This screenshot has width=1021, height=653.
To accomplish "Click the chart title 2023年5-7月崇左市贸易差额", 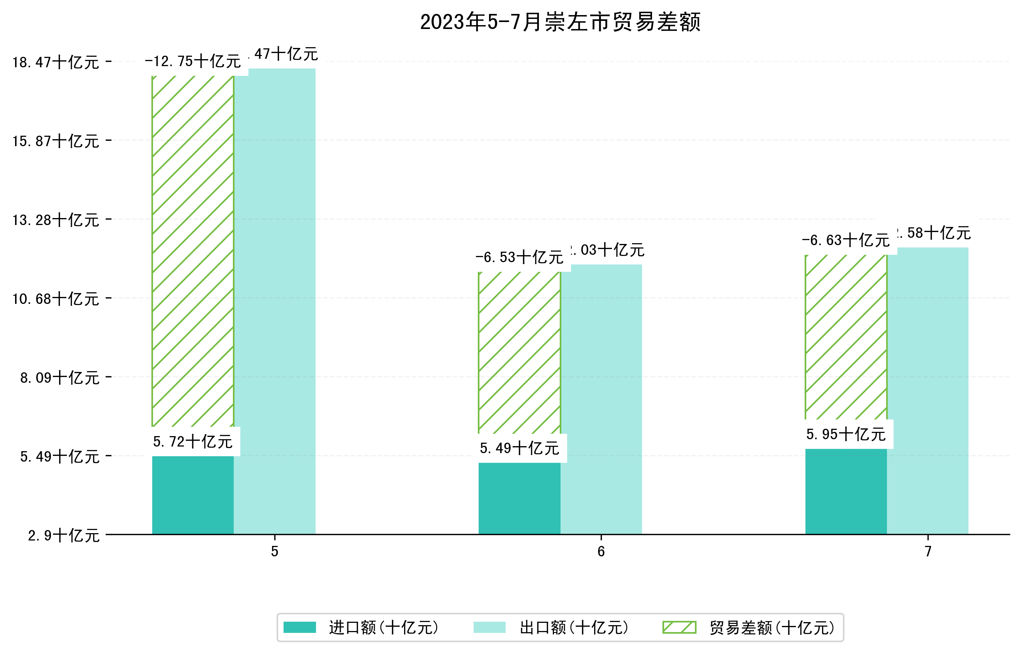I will click(x=560, y=22).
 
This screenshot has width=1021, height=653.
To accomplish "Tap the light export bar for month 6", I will click(x=601, y=399).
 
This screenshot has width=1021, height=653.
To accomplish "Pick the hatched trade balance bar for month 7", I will click(x=846, y=337).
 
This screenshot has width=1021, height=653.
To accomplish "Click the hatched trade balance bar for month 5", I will click(x=193, y=251).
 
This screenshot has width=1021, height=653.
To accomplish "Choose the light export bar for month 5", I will click(x=275, y=301).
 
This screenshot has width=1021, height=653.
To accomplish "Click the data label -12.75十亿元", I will click(x=193, y=61).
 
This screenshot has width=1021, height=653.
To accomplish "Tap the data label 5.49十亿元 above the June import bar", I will click(x=520, y=448).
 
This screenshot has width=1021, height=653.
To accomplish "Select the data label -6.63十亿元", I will click(x=846, y=240).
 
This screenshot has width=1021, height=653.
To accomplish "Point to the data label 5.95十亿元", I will click(x=846, y=434).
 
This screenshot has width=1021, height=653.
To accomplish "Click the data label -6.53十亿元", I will click(x=520, y=257).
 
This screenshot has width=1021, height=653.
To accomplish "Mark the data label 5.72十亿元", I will click(x=193, y=442).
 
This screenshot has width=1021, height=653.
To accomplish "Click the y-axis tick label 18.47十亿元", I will click(x=56, y=62).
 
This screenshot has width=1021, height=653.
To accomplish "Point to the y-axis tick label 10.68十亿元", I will click(x=56, y=299).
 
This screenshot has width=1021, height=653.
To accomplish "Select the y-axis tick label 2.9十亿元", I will click(x=64, y=535).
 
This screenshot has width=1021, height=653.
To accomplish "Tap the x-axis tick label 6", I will click(x=601, y=552).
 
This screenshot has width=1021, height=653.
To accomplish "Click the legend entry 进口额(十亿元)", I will click(x=383, y=627).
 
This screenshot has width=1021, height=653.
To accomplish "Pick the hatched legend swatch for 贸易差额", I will click(x=679, y=627).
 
